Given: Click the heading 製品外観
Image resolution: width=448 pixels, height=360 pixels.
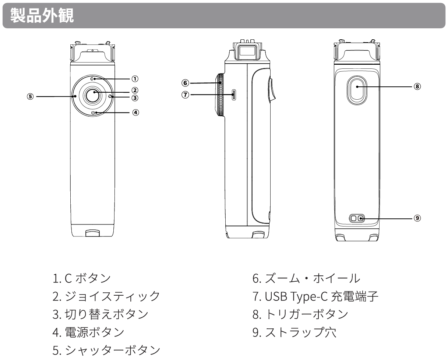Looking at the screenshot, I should pyautogui.click(x=42, y=15).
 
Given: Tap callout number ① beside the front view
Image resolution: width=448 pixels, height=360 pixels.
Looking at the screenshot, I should pyautogui.click(x=135, y=79).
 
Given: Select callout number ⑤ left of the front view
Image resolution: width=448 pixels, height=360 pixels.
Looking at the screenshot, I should pyautogui.click(x=30, y=96).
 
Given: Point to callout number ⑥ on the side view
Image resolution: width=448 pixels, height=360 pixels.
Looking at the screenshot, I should pyautogui.click(x=185, y=83).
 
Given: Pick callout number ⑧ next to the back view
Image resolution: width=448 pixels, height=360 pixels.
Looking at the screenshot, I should pyautogui.click(x=417, y=86).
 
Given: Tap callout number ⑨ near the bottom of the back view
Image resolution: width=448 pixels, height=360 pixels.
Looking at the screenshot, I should pyautogui.click(x=417, y=218).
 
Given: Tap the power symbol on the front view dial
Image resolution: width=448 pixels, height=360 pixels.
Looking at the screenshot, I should pyautogui.click(x=93, y=113).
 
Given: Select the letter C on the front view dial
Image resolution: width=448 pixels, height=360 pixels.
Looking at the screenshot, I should pyautogui.click(x=92, y=79).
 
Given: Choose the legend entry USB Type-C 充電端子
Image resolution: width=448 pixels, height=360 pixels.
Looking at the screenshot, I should pyautogui.click(x=315, y=296).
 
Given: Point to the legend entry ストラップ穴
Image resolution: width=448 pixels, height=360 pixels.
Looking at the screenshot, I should pyautogui.click(x=294, y=332).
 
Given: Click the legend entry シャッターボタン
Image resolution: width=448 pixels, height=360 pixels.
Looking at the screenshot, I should pyautogui.click(x=106, y=350).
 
